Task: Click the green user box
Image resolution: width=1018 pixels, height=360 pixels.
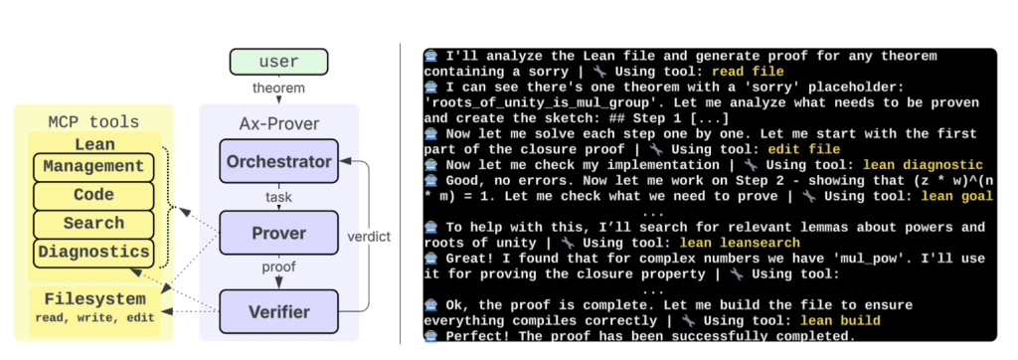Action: point(277,62)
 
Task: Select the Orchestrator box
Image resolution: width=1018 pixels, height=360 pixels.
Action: point(277,161)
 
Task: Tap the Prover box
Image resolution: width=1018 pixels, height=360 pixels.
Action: point(277,235)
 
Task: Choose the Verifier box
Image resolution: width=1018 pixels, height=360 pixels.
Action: point(277,311)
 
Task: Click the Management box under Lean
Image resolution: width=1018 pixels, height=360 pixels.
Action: point(93,166)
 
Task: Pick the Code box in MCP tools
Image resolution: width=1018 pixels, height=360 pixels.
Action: point(93,195)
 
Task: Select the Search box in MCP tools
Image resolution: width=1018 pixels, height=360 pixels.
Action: point(93,224)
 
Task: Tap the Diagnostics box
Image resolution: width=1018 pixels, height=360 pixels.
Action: point(93,253)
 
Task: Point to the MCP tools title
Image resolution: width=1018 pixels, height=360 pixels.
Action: point(93,121)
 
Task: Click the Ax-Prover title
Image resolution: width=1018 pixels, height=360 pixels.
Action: point(277,123)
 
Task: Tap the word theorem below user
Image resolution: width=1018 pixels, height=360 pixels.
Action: point(277,90)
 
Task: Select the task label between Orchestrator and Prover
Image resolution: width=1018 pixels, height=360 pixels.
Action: point(277,198)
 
